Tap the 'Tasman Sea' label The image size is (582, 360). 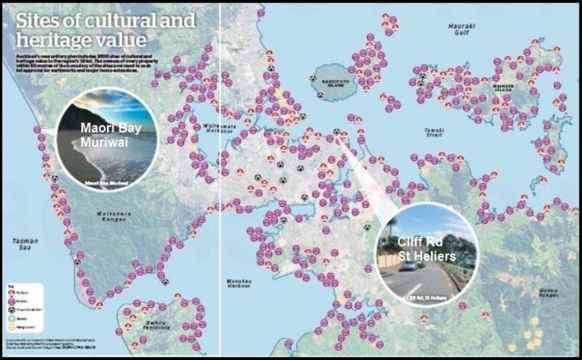click(x=25, y=244)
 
